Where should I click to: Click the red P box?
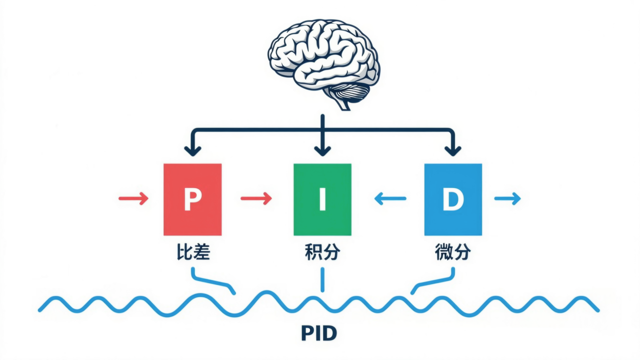[192, 199]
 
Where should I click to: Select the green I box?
[322, 199]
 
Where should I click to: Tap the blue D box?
[453, 199]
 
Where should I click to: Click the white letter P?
[192, 199]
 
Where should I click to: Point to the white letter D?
[453, 199]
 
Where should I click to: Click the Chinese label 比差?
[192, 253]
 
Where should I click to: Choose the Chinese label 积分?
[322, 253]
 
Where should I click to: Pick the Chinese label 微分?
[452, 253]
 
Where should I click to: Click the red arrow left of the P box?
[133, 199]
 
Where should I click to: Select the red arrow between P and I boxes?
[256, 199]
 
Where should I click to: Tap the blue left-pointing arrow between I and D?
[390, 199]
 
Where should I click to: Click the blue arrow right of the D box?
[507, 199]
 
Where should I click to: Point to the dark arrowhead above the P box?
[192, 149]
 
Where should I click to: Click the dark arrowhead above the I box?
[322, 149]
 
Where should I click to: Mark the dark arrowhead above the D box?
[453, 149]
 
